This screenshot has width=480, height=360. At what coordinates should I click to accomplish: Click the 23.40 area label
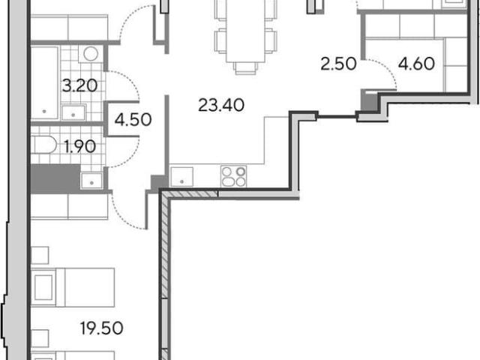pos(221,105)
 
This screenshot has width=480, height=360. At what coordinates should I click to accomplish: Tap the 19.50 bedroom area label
pos(102,328)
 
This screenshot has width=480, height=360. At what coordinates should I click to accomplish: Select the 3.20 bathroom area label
pos(79,85)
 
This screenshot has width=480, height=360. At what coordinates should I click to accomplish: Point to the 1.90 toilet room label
pos(80,147)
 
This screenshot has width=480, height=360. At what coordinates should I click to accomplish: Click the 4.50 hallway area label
pos(133,120)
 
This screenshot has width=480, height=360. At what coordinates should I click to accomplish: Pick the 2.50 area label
pos(338,64)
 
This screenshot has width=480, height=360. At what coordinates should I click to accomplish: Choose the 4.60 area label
pos(417,64)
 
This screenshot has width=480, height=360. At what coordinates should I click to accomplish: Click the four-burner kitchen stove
pos(233,176)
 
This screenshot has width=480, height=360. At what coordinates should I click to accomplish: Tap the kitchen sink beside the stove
pos(181,177)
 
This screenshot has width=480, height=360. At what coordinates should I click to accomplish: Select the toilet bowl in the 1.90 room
pos(43,145)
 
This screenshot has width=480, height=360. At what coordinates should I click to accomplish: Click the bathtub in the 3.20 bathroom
pos(45,82)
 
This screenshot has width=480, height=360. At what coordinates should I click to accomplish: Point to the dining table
pos(245,31)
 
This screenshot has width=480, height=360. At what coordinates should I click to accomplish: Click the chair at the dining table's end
pos(245,68)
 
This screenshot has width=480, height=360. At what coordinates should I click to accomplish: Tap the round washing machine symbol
pos(91,54)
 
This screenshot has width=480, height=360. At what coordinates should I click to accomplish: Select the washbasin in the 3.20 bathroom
pos(73,112)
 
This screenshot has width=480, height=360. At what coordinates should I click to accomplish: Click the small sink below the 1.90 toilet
pos(91,181)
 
